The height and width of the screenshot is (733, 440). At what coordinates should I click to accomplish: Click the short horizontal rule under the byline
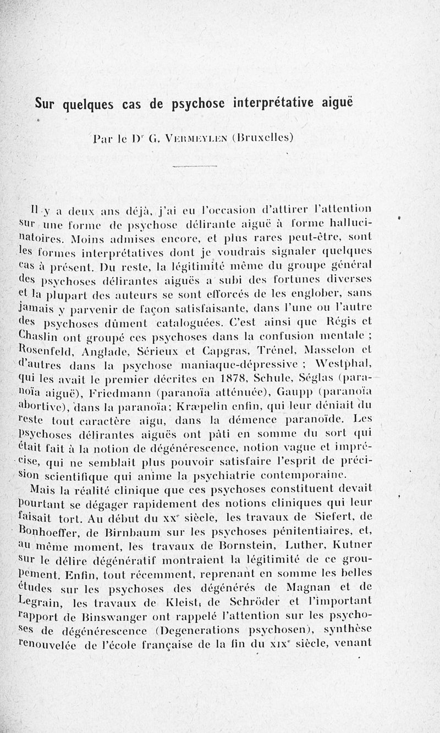click(195, 166)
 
